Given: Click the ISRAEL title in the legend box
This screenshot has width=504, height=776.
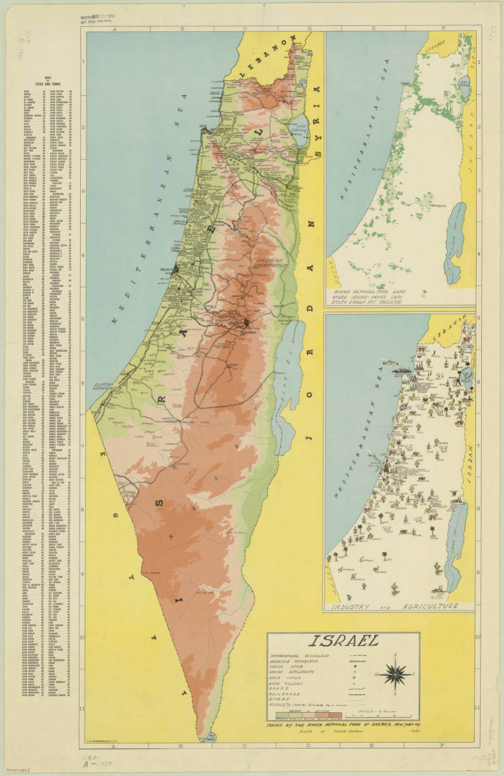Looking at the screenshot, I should [343, 643].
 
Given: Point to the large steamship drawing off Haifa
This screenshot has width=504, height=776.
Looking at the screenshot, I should [403, 370].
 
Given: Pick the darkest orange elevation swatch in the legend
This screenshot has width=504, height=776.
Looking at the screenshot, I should [336, 714].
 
